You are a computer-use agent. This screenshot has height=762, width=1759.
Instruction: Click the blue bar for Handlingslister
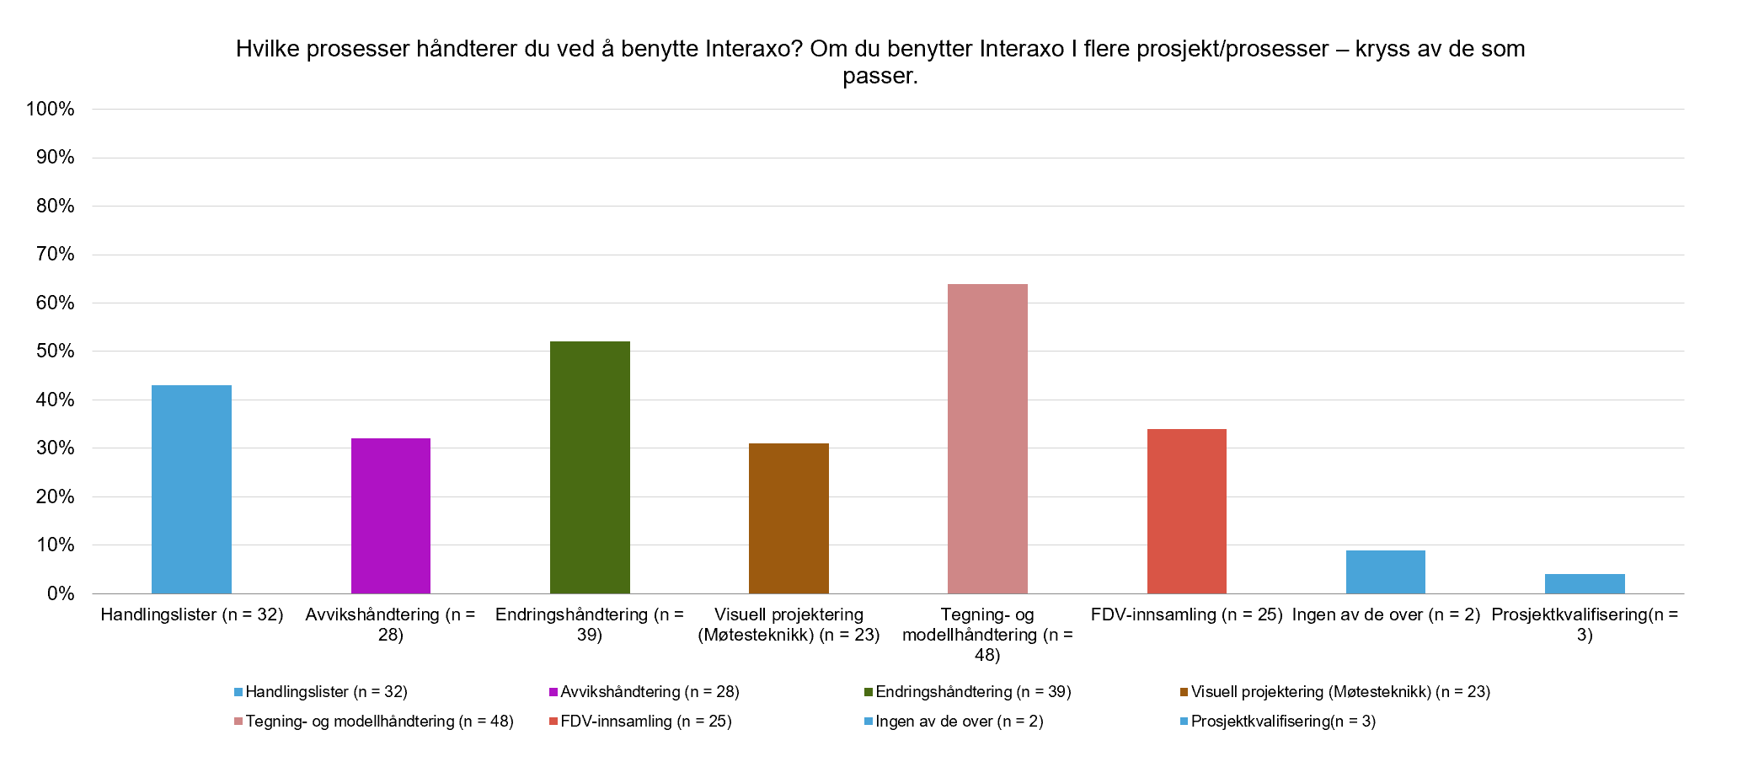pos(191,489)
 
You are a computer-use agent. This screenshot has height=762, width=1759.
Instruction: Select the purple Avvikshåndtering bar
pos(391,516)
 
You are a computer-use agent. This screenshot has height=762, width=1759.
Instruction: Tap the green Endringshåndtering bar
pos(590,467)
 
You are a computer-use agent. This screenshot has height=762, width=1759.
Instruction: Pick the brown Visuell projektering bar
pos(789,518)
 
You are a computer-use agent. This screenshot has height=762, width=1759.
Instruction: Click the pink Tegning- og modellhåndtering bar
pos(987,438)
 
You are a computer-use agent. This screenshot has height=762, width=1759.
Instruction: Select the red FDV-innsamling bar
pos(1186,511)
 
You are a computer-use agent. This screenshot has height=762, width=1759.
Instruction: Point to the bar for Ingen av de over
pos(1385,571)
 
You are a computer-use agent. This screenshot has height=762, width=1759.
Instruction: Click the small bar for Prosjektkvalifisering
pos(1585,583)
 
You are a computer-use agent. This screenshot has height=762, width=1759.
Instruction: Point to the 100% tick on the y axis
pos(51,109)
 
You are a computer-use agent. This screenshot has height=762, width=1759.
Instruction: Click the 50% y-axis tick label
pos(55,351)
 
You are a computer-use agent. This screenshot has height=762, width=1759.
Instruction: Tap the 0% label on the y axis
pos(61,593)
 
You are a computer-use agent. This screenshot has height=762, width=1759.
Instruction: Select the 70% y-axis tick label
pos(55,255)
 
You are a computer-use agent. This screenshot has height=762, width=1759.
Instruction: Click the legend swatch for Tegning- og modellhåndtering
pos(238,722)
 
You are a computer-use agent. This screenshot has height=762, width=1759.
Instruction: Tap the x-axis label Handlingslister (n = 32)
pos(191,614)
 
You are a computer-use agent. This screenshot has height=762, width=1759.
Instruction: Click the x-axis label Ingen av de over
pos(1386,614)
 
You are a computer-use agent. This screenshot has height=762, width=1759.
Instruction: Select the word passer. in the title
pos(879,76)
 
